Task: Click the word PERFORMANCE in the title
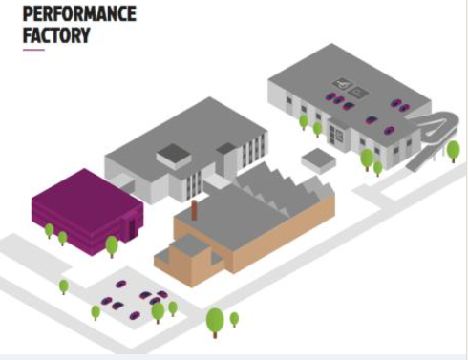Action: [x=79, y=14]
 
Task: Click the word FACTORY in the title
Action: [x=56, y=35]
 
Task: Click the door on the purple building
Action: [x=129, y=230]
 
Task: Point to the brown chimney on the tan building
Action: [x=194, y=210]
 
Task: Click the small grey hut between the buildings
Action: [x=318, y=159]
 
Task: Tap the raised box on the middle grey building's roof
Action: [x=175, y=155]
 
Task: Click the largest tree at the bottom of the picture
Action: [x=215, y=319]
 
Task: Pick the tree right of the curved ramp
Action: [x=453, y=150]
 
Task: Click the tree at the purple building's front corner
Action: [x=112, y=245]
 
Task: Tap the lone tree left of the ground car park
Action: [x=64, y=286]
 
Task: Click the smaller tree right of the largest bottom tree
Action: [x=235, y=318]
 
